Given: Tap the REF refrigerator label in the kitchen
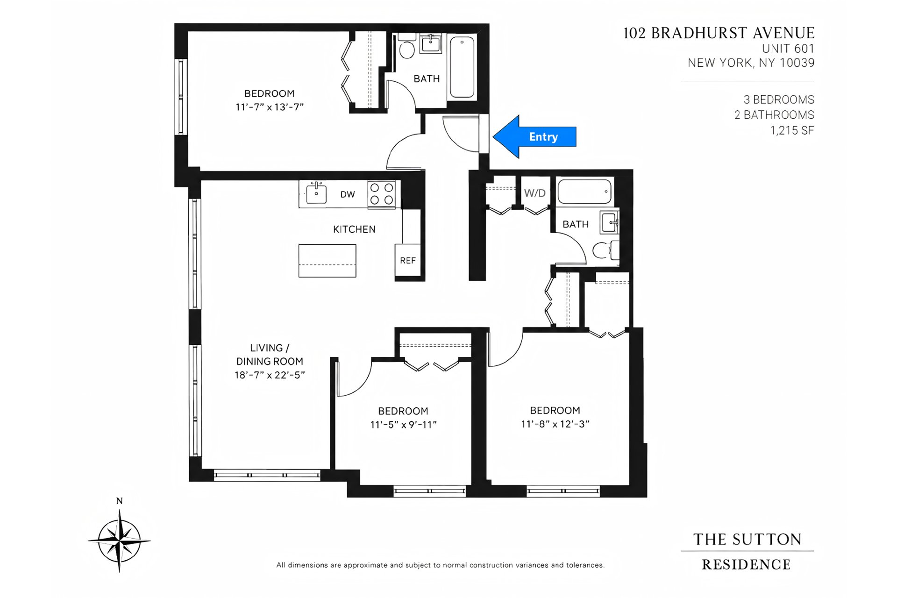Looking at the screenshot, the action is [x=407, y=261].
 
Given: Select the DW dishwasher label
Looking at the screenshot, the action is [x=348, y=194].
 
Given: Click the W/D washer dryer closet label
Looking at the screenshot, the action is [x=535, y=193].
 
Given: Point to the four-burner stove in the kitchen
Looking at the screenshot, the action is [x=381, y=194].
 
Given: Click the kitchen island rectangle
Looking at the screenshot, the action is [x=327, y=261].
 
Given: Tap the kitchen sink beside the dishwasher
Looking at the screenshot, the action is [x=316, y=193].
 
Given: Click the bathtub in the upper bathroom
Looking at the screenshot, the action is [x=463, y=67].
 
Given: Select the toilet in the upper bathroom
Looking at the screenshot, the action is [x=407, y=47].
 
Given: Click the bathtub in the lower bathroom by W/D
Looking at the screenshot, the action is [x=584, y=191].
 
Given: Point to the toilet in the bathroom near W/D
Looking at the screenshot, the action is [x=606, y=250].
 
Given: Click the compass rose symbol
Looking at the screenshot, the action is [x=120, y=541].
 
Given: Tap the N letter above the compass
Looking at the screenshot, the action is [x=120, y=501].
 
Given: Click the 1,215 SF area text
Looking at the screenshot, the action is [x=792, y=130].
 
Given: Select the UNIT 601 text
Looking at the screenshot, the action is [x=788, y=49].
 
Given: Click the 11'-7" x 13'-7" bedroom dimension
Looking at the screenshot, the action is [x=270, y=107].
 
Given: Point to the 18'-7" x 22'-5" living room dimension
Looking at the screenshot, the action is [x=270, y=375].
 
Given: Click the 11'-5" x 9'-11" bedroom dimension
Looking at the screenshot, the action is [x=403, y=425].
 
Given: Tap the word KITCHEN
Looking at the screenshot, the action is [x=354, y=229].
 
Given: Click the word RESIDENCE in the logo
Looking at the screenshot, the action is [x=746, y=565].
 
